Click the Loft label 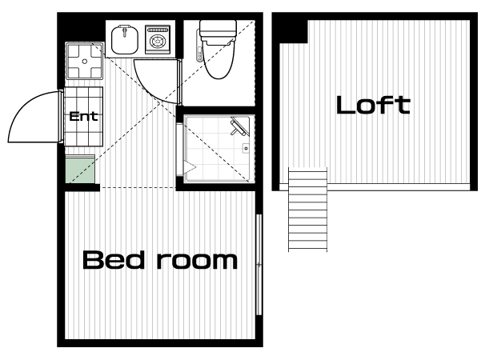[373, 105]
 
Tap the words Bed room [160, 260]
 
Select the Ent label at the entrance [83, 116]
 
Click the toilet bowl [218, 58]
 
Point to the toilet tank [218, 30]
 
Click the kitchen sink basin [125, 40]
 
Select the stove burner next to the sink [158, 39]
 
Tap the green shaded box [80, 170]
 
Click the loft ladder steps [307, 210]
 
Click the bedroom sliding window [259, 265]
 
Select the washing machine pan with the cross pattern [85, 61]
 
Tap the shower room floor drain [246, 148]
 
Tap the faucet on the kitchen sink [125, 31]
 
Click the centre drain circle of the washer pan [85, 62]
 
